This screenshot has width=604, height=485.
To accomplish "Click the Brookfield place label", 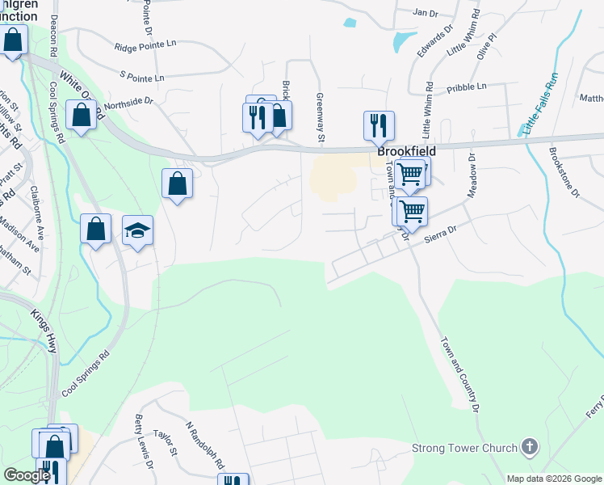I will pos(406,151).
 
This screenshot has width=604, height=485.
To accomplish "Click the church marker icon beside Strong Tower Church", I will pos(529,446).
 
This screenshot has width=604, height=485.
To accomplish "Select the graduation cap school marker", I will pos(137,231).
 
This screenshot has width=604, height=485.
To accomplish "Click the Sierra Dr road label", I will pos(441,230).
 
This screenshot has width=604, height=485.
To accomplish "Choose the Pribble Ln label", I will pos(466,86).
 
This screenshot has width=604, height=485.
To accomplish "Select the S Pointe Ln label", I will pos(141,77).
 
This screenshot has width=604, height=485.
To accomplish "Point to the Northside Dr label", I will pos(128,102).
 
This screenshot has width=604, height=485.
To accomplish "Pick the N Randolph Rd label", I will pos(204,445).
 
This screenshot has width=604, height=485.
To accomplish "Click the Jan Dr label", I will pos(424,13).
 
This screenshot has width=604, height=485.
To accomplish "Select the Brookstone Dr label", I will pos(564,171).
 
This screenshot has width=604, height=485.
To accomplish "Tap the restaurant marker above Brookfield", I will pos(378,124).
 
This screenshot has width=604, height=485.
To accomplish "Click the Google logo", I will pos(27,475).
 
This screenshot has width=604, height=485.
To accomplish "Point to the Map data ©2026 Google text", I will pos(553,479).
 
